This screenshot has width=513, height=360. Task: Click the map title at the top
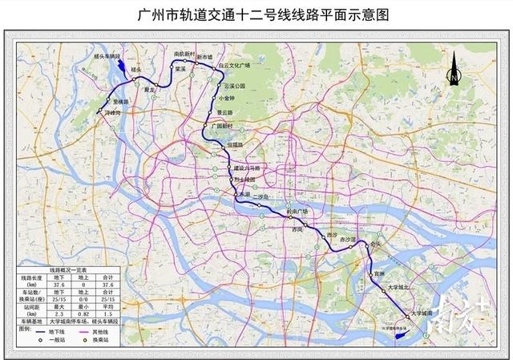(x=256, y=15)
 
